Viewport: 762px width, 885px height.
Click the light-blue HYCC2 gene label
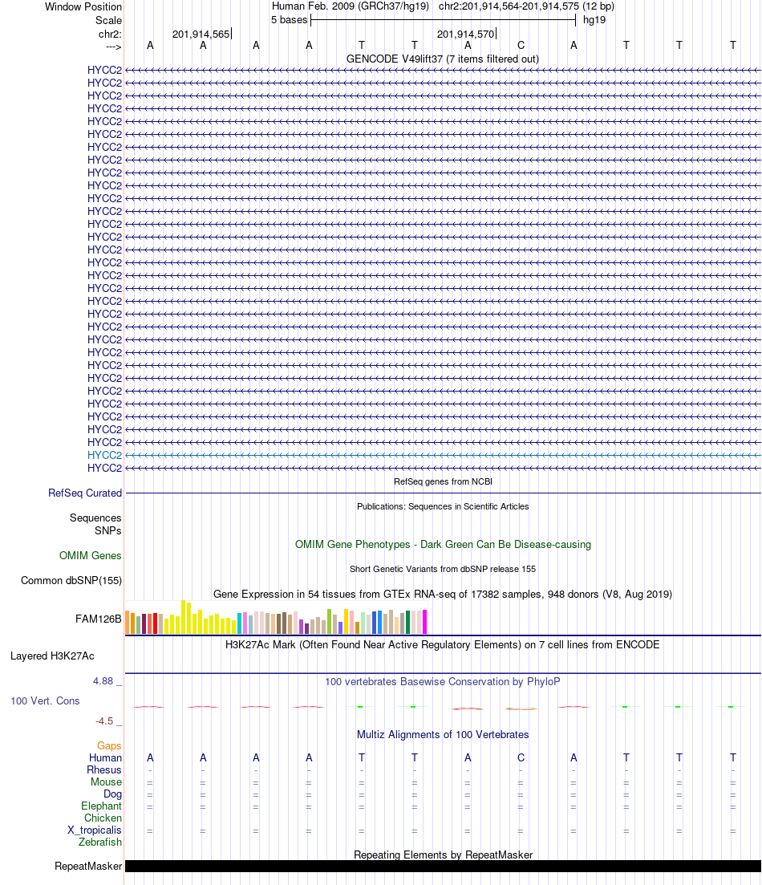pos(104,455)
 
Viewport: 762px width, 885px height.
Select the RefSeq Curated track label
pos(85,493)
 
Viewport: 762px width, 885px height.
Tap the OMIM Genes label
pos(90,556)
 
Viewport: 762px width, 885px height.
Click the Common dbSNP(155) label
pos(71,581)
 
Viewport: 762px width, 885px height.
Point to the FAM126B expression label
pos(99,619)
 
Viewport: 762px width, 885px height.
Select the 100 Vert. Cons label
pos(45,701)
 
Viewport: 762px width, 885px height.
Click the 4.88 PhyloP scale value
pos(103,681)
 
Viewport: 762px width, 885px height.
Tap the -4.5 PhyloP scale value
pos(105,721)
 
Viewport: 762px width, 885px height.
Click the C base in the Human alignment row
pos(521,758)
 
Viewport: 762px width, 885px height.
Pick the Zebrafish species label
pos(100,842)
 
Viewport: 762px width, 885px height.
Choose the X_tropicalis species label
pos(95,830)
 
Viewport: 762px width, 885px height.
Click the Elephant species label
pos(101,806)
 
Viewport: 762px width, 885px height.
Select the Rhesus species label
pos(104,770)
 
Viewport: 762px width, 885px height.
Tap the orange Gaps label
pos(109,746)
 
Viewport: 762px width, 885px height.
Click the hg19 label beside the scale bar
pos(594,20)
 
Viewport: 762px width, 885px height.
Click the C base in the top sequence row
pos(521,46)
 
